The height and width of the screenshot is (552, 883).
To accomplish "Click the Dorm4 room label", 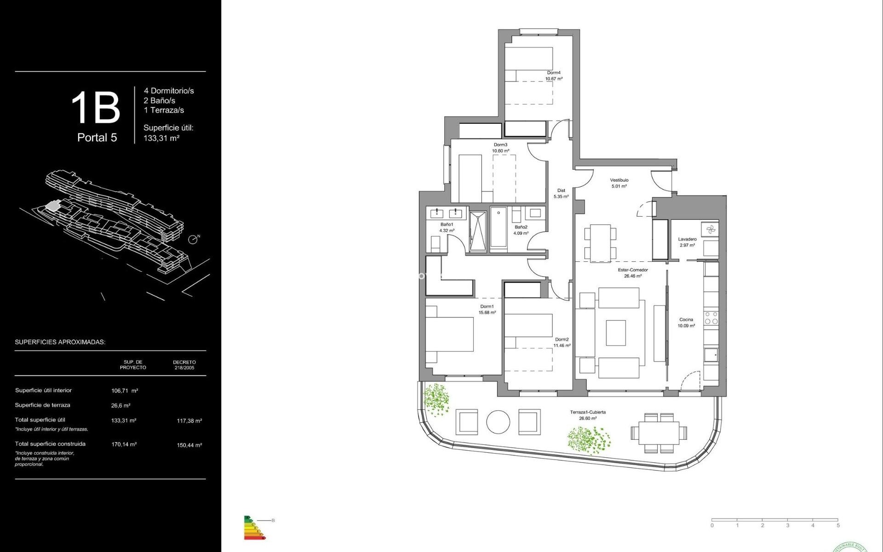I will [554, 73].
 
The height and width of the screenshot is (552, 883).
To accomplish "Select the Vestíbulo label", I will [619, 180].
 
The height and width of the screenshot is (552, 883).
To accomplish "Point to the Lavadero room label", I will [687, 239].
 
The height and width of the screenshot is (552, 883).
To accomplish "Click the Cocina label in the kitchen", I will [686, 320].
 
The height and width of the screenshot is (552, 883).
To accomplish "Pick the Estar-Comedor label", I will [633, 270].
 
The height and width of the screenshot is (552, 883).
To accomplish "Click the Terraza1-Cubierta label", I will [588, 412].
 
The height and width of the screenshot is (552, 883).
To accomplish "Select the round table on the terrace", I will [498, 421].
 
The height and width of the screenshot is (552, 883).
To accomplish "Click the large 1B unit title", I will [96, 108].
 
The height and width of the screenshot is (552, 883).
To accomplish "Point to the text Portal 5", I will [97, 138].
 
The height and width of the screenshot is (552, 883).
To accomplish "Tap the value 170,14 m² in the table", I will [124, 444].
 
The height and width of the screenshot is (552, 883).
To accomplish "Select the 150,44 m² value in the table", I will [189, 445].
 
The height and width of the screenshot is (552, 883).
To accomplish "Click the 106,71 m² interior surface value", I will [125, 391].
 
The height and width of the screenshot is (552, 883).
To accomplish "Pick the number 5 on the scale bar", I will [838, 525].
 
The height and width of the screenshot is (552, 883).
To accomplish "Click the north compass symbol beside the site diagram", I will [193, 239].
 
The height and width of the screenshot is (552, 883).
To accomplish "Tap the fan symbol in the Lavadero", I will [710, 229].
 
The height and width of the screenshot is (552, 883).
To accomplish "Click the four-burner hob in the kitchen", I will [711, 318].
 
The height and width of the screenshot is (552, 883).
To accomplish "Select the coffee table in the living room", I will [615, 333].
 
